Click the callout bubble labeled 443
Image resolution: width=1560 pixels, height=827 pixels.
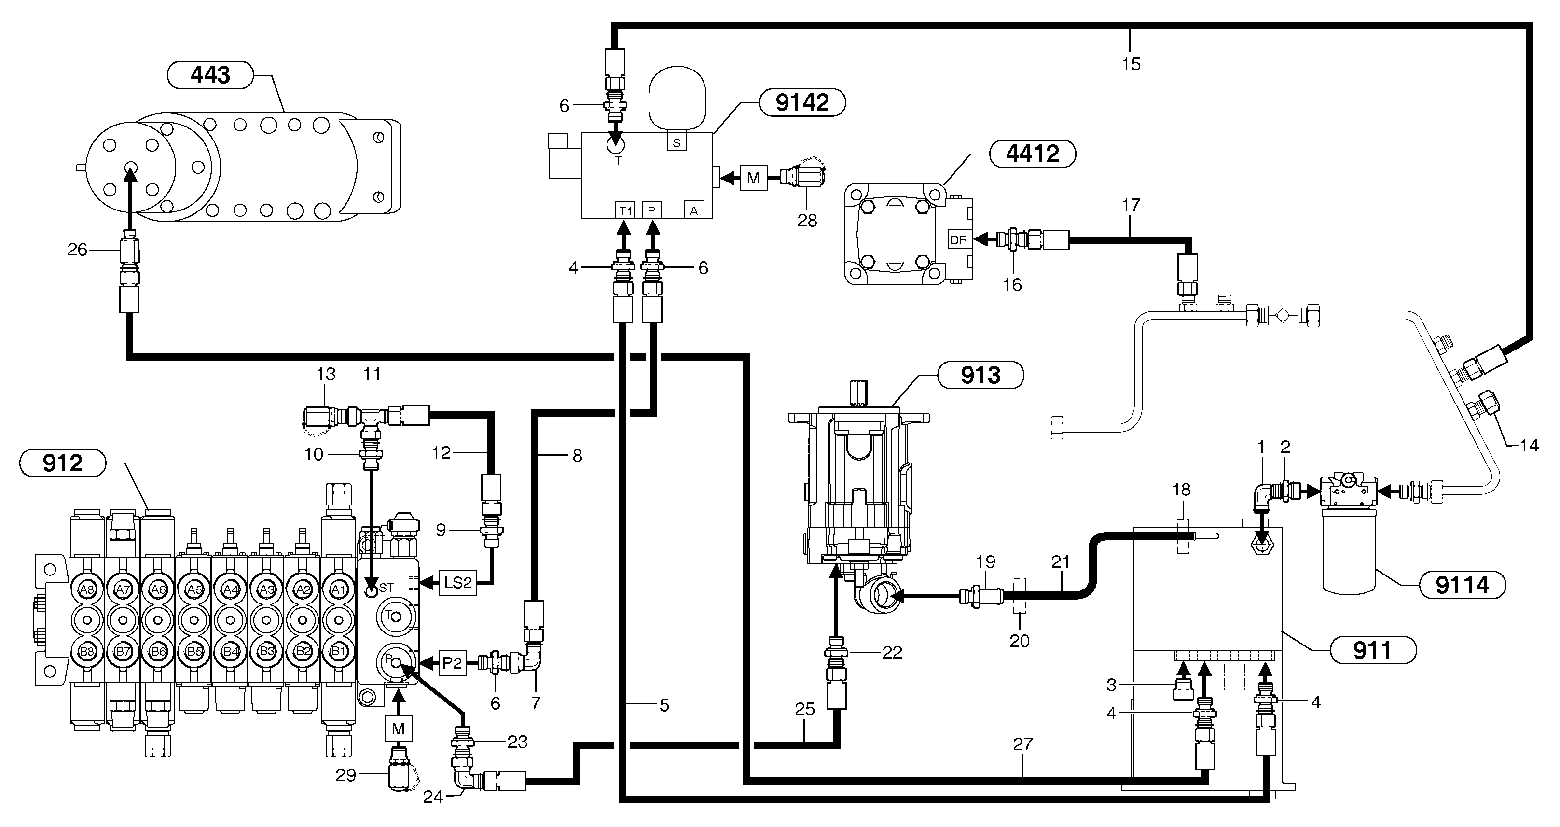click(210, 75)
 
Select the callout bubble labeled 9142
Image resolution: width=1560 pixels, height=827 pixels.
click(802, 102)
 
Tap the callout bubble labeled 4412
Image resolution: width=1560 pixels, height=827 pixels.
click(1033, 154)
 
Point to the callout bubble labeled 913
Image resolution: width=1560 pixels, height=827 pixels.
click(980, 376)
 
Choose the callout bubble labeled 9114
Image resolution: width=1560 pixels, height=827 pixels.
click(1463, 585)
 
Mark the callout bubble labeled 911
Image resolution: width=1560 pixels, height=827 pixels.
click(1373, 651)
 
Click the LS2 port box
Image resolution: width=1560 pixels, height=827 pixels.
click(457, 583)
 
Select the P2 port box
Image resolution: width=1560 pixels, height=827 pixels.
click(452, 663)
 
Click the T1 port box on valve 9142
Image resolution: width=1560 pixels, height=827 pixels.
click(624, 210)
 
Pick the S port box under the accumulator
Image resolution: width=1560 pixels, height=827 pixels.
click(676, 142)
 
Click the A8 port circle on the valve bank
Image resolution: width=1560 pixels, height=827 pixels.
click(86, 589)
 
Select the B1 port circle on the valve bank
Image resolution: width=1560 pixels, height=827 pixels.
click(338, 652)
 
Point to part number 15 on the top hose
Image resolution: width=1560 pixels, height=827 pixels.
click(1131, 64)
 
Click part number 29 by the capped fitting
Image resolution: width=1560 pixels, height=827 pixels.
click(346, 775)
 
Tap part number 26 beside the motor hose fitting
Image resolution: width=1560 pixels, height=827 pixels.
click(77, 250)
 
